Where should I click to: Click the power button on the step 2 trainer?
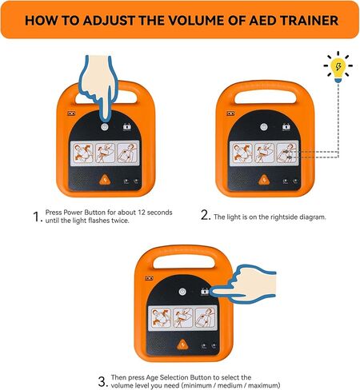click(x=262, y=127)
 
